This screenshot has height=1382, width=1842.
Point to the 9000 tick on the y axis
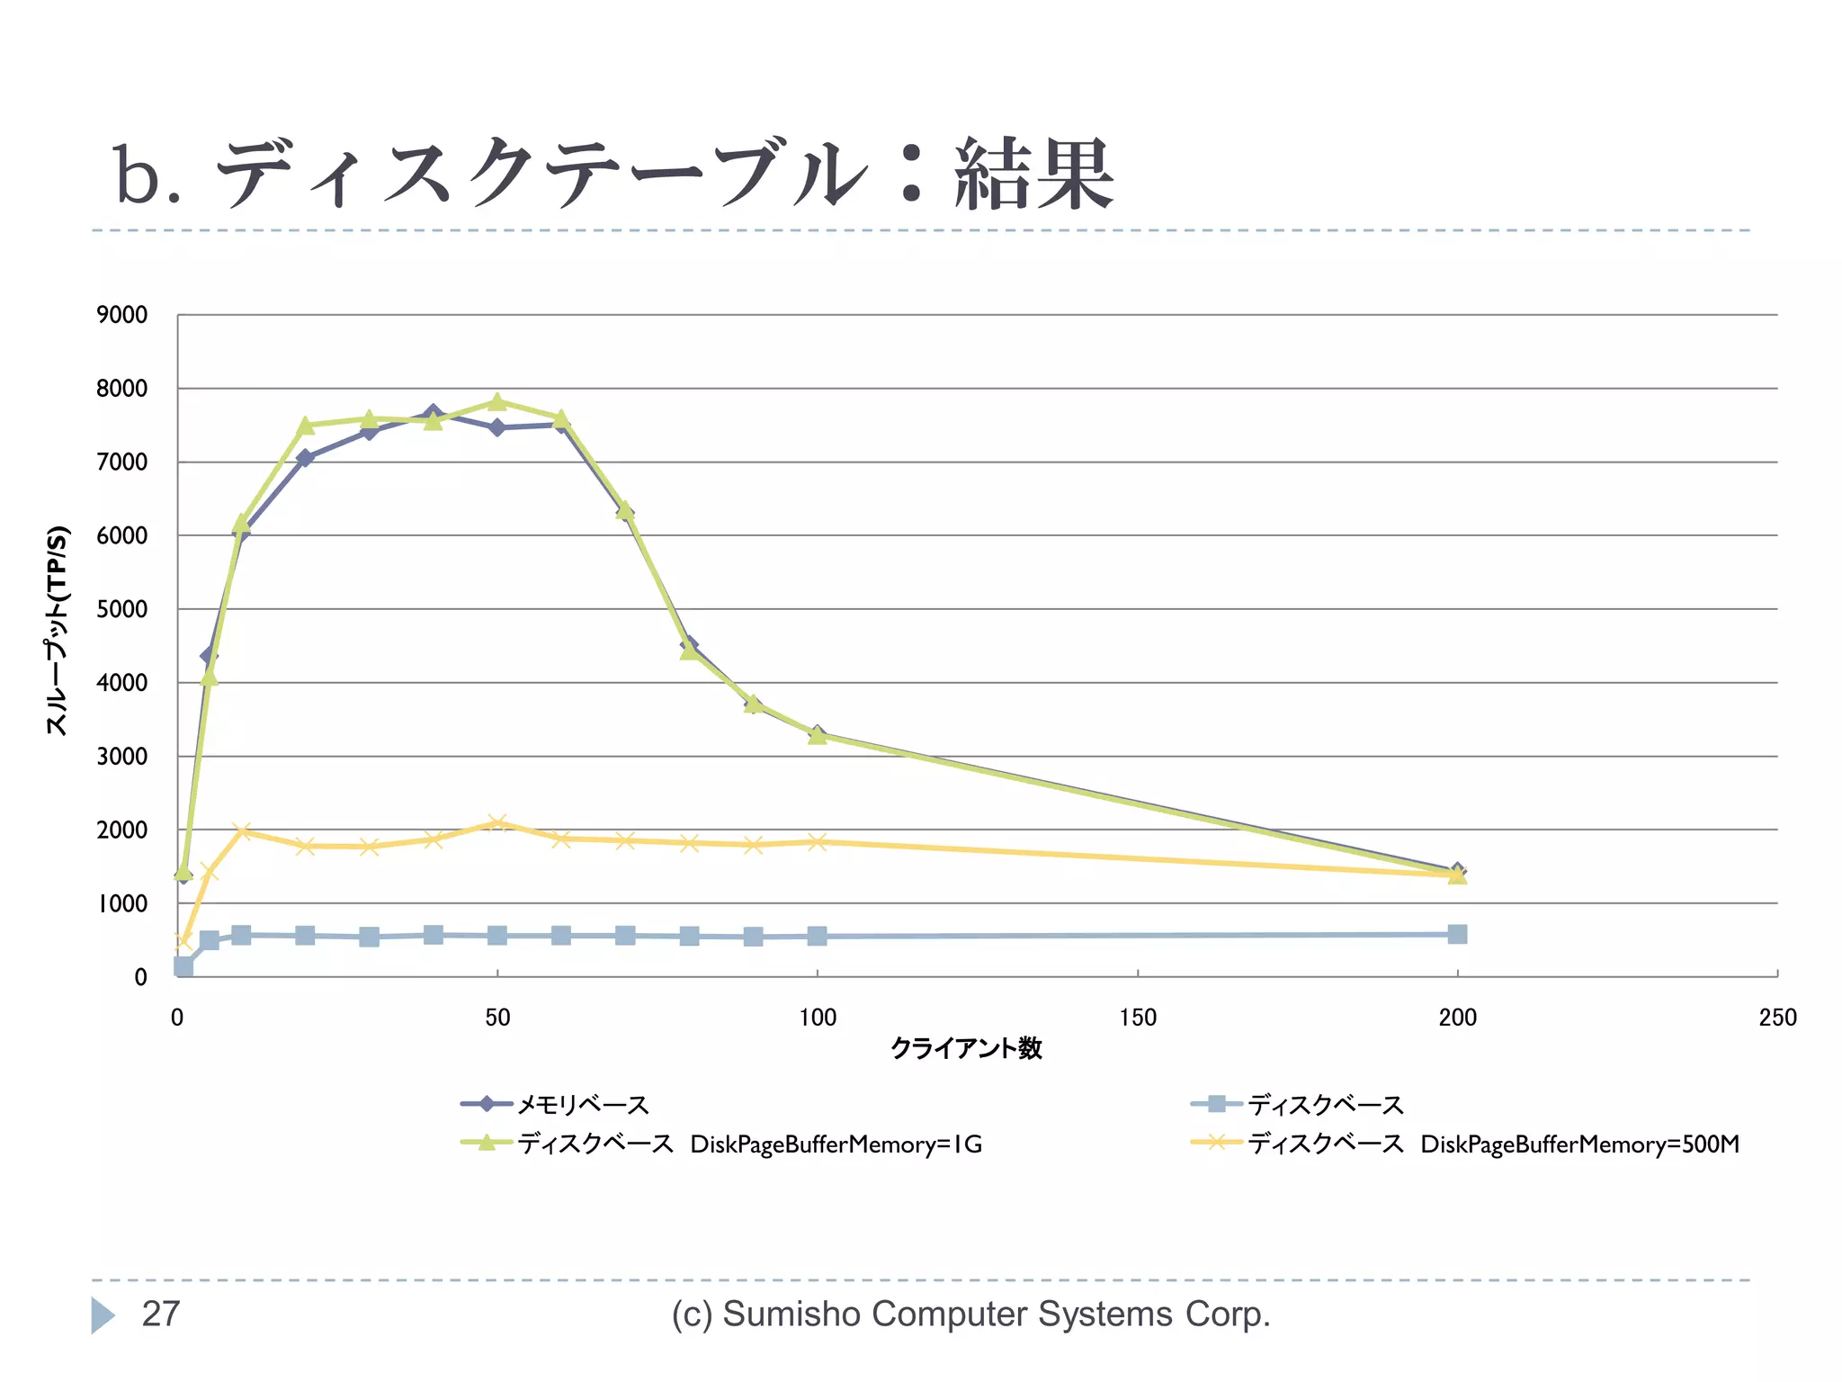tap(122, 315)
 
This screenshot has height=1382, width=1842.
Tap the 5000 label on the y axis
tap(122, 609)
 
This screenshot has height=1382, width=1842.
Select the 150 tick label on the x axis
tap(1137, 1018)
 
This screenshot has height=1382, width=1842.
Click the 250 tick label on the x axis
tap(1776, 1018)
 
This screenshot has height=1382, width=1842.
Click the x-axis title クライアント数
tap(966, 1048)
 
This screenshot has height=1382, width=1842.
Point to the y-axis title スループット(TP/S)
tap(57, 630)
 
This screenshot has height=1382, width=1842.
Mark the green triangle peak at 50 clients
tap(497, 402)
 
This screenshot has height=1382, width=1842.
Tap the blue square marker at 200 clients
tap(1457, 934)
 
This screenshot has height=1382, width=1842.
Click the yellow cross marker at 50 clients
tap(497, 822)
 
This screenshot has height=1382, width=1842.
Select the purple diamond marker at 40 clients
tap(434, 414)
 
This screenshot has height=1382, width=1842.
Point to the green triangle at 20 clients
tap(305, 426)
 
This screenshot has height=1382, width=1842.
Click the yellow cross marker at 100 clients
tap(817, 842)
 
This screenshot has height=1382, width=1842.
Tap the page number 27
tap(161, 1315)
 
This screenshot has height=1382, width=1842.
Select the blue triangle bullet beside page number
tap(103, 1315)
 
